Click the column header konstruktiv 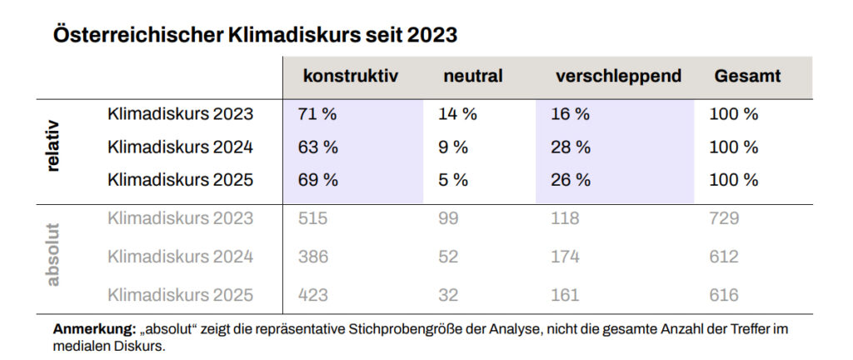(x=350, y=77)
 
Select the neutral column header (x=472, y=77)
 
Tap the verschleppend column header (x=618, y=77)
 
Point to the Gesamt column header (x=747, y=77)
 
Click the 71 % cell (x=317, y=115)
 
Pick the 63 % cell (x=317, y=147)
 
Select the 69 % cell (x=317, y=180)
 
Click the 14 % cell (x=457, y=115)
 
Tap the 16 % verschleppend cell (x=570, y=115)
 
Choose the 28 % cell (x=571, y=147)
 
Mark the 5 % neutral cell (x=453, y=180)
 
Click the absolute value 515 (x=312, y=219)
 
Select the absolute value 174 (x=565, y=257)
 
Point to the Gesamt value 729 (x=724, y=219)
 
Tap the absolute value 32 (x=448, y=295)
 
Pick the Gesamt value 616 (x=724, y=295)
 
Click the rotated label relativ (x=53, y=148)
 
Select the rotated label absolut (x=53, y=255)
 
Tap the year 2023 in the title (x=432, y=35)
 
